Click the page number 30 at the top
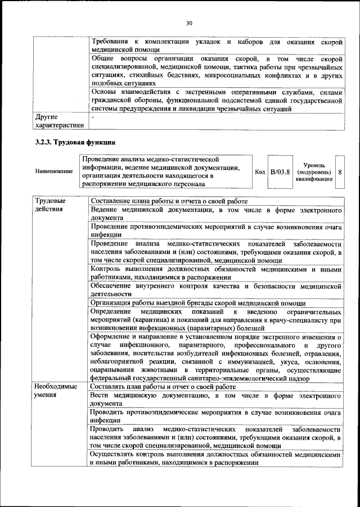pos(189,22)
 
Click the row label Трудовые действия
pos(49,205)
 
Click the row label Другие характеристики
pos(58,121)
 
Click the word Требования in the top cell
pos(109,42)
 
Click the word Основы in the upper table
pos(102,92)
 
